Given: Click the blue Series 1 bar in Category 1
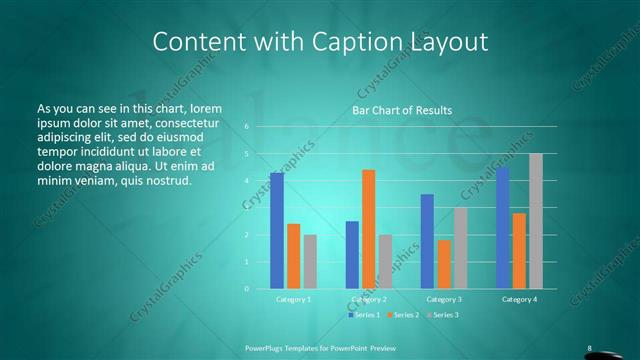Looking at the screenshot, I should [x=277, y=231].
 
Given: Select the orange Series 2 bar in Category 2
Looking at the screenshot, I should [x=368, y=229].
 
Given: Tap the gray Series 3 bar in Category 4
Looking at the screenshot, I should [x=535, y=221].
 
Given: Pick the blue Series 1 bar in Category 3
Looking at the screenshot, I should [x=427, y=241].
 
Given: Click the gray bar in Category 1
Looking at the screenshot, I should [x=310, y=262].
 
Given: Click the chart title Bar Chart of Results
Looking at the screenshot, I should [x=402, y=110].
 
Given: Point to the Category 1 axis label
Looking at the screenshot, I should [x=293, y=299].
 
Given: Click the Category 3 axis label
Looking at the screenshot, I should [x=443, y=299].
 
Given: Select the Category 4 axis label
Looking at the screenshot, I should [x=518, y=299].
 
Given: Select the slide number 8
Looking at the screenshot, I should [x=592, y=347].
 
